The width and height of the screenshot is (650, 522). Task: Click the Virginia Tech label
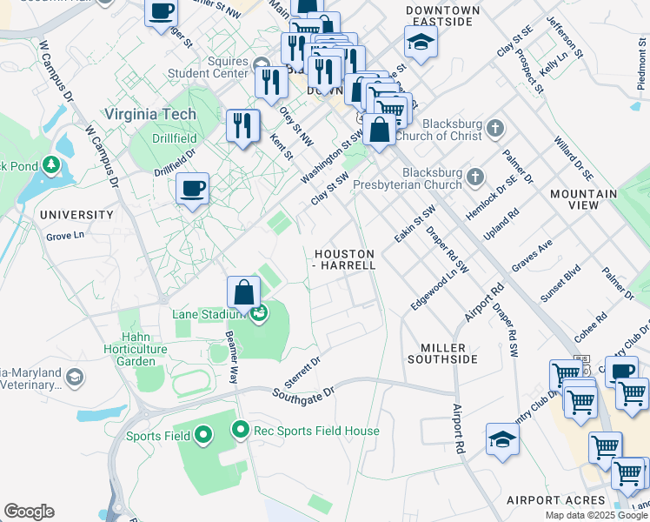pos(149,114)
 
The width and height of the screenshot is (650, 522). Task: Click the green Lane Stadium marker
pos(258,314)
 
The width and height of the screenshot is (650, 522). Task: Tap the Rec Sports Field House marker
pos(241,430)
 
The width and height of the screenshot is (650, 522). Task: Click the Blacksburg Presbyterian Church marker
pos(474,177)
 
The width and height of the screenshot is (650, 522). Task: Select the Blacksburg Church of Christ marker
pos(495,129)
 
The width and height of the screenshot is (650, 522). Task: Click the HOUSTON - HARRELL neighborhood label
pos(345,259)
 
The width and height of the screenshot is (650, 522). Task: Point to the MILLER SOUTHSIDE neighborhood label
pos(442,353)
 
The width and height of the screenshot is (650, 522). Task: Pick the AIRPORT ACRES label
pos(556,500)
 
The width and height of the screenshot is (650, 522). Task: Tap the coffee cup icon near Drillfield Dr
pos(192,187)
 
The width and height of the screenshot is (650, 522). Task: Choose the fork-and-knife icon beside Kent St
pos(242,124)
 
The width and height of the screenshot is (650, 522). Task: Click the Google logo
pos(29,512)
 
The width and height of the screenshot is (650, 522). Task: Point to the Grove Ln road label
pos(65,235)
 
